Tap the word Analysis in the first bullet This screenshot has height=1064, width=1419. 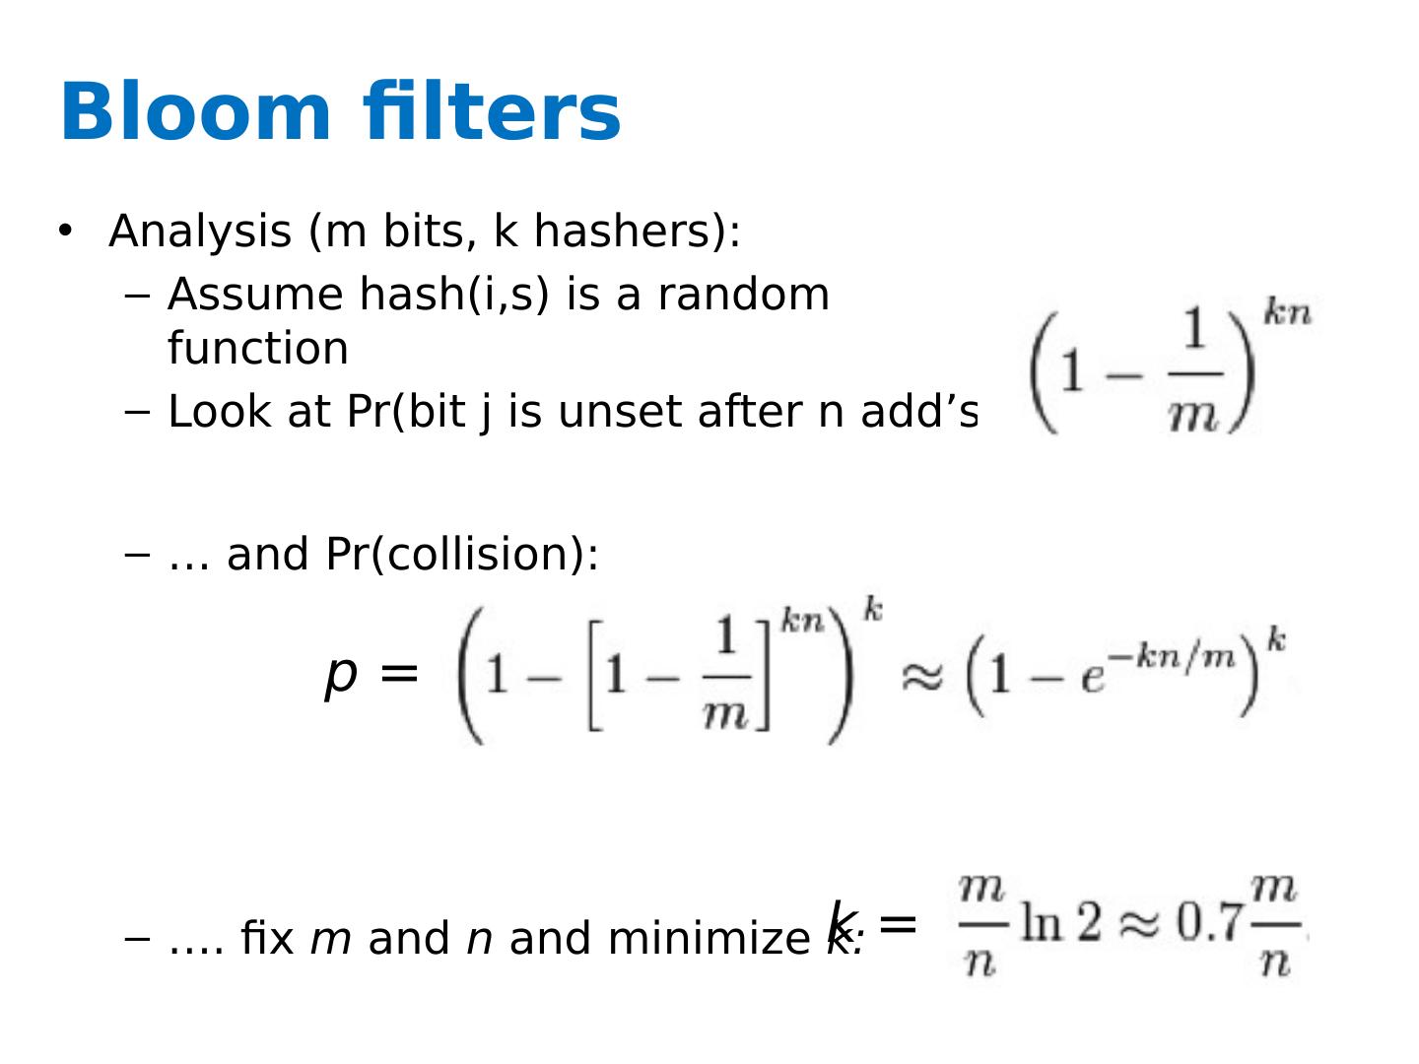coord(199,233)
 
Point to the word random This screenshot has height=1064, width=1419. coord(743,295)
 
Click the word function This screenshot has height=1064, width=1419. coord(258,349)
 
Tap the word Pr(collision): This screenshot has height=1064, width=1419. coord(461,555)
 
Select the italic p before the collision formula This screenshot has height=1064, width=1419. coord(341,676)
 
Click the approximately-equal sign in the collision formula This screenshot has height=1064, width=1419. coord(922,678)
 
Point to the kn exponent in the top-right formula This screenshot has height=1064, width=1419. coord(1287,313)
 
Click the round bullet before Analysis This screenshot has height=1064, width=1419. coord(65,231)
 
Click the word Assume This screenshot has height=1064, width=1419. coord(256,295)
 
